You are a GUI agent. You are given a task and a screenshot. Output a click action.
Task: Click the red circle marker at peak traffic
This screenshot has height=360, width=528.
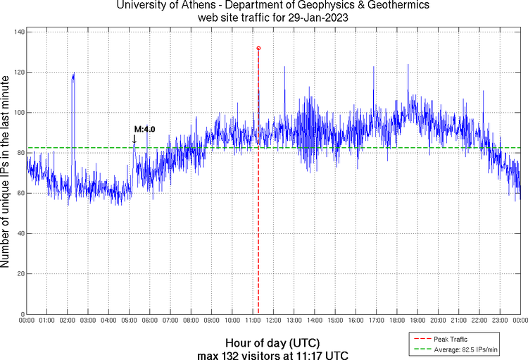258,48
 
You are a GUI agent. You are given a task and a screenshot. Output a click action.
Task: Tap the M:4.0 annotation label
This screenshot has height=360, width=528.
144,130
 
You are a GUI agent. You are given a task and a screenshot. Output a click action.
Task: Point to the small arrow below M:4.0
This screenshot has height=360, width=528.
134,139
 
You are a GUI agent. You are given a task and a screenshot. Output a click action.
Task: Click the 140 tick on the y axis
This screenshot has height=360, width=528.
19,32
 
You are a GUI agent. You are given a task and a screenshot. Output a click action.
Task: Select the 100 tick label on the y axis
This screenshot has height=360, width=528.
19,113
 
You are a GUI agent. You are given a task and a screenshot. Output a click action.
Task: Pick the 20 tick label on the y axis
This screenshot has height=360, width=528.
20,273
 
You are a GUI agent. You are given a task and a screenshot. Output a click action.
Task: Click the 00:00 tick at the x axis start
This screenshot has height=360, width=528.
27,321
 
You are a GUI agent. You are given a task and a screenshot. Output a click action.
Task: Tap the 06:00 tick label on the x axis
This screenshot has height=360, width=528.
150,321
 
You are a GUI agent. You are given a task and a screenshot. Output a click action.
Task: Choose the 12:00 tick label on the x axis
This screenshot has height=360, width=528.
273,321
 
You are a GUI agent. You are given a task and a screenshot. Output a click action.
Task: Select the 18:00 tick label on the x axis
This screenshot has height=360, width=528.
396,321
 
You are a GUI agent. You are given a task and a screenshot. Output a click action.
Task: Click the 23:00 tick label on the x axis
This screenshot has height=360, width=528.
499,321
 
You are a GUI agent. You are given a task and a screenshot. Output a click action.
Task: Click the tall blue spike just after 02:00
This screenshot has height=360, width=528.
73,77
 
